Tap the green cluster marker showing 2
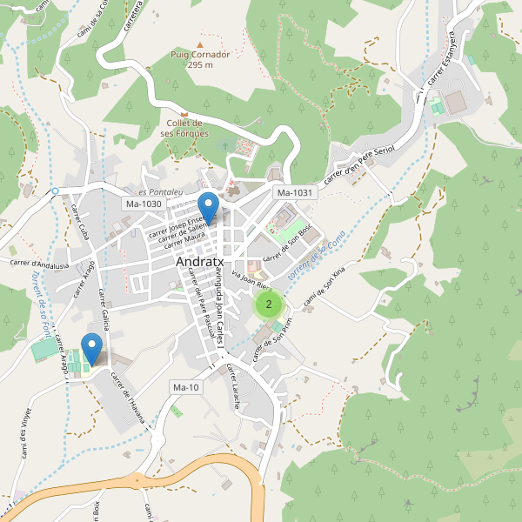[x=269, y=304]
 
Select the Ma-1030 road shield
[x=144, y=204]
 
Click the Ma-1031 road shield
[x=293, y=192]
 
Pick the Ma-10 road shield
[x=186, y=387]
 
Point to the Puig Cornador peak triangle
[x=200, y=44]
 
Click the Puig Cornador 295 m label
[x=200, y=59]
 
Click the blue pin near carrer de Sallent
[x=208, y=207]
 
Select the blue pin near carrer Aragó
[x=91, y=348]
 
